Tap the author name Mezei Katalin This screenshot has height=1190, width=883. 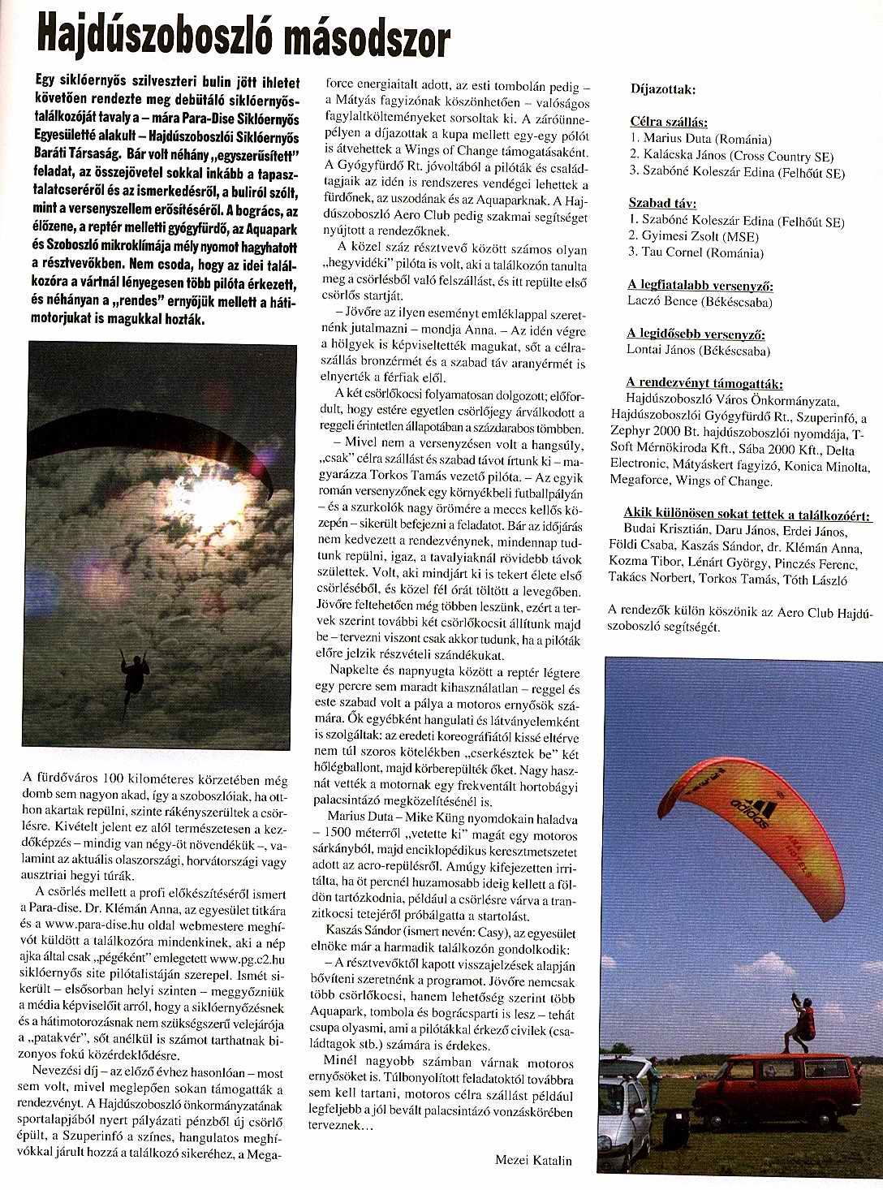point(533,1160)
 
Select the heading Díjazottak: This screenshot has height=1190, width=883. point(662,90)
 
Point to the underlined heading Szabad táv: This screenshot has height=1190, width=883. point(662,204)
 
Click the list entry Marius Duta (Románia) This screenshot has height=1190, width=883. point(700,139)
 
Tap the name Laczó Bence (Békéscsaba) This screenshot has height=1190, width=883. point(699,301)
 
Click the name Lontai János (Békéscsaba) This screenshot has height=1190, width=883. point(698,350)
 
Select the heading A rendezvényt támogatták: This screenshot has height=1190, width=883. point(704,383)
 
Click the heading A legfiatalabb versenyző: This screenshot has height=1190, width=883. point(700,286)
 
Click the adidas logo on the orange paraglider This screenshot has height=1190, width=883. point(754,812)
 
